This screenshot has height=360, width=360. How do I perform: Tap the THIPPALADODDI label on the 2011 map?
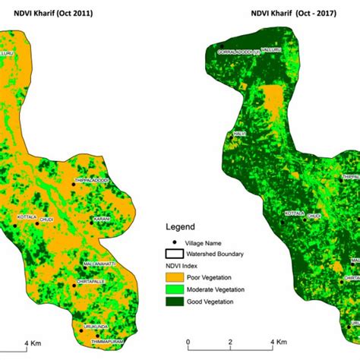[x=90, y=180]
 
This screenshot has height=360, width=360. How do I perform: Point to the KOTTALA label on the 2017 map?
[x=295, y=213]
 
